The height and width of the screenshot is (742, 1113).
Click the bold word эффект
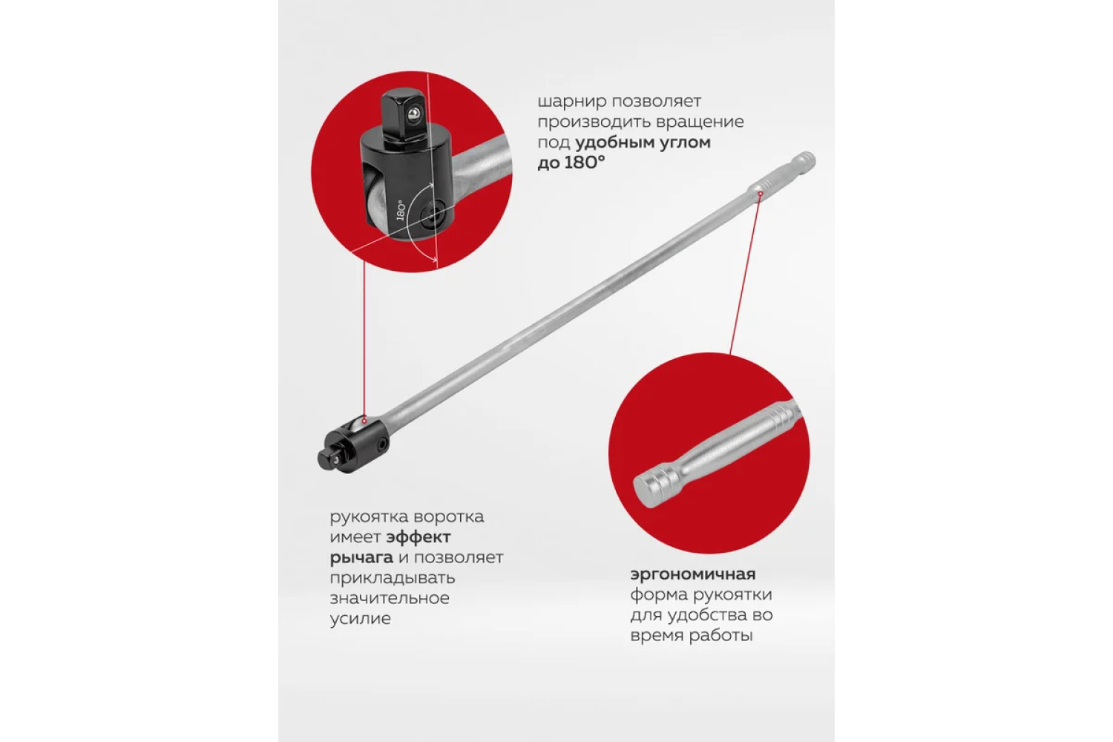click(419, 537)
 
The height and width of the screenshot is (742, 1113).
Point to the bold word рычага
click(362, 558)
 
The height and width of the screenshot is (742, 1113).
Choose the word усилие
click(360, 619)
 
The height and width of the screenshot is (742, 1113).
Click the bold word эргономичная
click(692, 575)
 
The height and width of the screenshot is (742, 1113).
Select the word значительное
click(390, 598)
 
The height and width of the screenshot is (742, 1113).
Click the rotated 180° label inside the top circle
click(401, 210)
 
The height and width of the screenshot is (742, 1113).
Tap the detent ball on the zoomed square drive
click(412, 115)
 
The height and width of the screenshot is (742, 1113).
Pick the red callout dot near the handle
click(759, 194)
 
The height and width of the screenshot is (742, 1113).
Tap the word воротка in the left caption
click(449, 517)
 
